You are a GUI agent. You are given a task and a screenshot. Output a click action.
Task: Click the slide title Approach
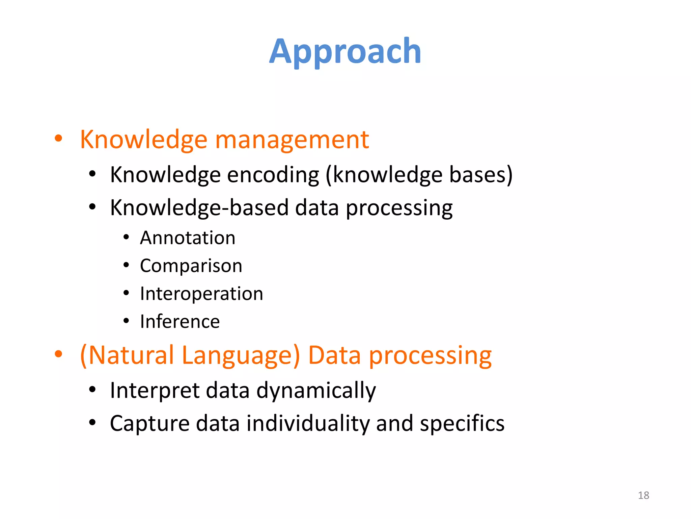(345, 51)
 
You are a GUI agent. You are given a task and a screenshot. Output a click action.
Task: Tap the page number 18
(643, 495)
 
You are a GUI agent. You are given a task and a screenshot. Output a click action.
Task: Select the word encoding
(273, 175)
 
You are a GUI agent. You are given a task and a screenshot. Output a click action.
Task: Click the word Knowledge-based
(199, 207)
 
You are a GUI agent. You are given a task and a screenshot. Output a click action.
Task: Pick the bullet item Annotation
(188, 238)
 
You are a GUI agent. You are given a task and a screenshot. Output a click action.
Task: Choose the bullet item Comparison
(191, 266)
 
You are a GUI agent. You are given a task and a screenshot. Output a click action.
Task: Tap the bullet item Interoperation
(201, 293)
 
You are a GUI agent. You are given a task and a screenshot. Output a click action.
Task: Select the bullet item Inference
(180, 321)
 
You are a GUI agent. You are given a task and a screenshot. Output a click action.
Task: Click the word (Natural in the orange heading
(127, 355)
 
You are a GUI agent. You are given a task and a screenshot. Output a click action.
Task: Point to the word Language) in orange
(241, 355)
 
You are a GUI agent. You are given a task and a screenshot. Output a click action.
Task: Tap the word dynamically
(316, 391)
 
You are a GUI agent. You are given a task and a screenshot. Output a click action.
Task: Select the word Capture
(150, 423)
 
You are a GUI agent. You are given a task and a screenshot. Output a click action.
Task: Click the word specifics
(462, 423)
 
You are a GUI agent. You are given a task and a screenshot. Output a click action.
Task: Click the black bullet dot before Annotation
(126, 237)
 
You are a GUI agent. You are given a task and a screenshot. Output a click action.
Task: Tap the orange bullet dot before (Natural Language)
(58, 354)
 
